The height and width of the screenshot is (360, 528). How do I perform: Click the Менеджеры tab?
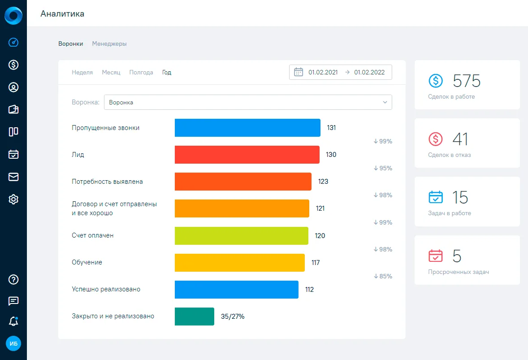coord(109,44)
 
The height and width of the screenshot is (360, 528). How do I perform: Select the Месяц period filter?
coord(111,73)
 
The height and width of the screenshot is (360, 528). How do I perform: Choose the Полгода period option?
coord(141,73)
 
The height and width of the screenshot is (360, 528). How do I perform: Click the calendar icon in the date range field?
coord(299,72)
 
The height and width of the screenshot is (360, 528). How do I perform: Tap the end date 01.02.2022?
coord(369,73)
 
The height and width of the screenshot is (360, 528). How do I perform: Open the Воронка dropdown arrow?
coord(385,102)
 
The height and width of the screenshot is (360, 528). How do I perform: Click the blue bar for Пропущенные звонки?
coord(247,128)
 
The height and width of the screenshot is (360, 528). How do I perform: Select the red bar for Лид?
coord(247,155)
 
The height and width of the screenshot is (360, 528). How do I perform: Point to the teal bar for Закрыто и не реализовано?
coord(194,317)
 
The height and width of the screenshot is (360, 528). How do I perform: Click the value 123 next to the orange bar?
coord(323,182)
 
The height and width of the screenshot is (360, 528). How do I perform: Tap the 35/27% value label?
coord(233,317)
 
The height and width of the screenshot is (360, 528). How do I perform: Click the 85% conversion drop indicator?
coord(383,276)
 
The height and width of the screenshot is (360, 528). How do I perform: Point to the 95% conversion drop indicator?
coord(383,168)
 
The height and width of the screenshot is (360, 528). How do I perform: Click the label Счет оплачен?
coord(93,235)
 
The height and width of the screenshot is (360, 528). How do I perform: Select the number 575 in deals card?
coord(467,81)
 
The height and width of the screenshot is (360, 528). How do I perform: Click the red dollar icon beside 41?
coord(435,139)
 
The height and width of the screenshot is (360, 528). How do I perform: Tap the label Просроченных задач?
coord(458,272)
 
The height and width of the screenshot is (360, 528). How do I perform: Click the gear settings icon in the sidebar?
coord(13,200)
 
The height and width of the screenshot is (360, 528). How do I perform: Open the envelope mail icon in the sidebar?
coord(13,177)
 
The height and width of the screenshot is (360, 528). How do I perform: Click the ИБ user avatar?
coord(13,343)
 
